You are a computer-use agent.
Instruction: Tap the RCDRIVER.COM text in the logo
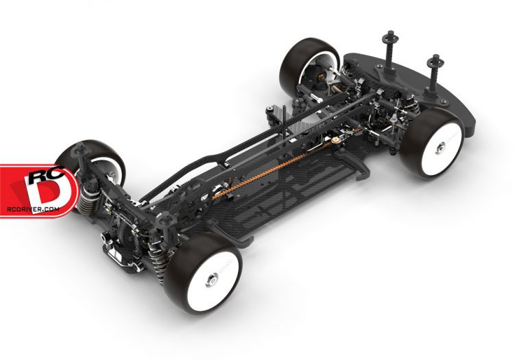[33, 209]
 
